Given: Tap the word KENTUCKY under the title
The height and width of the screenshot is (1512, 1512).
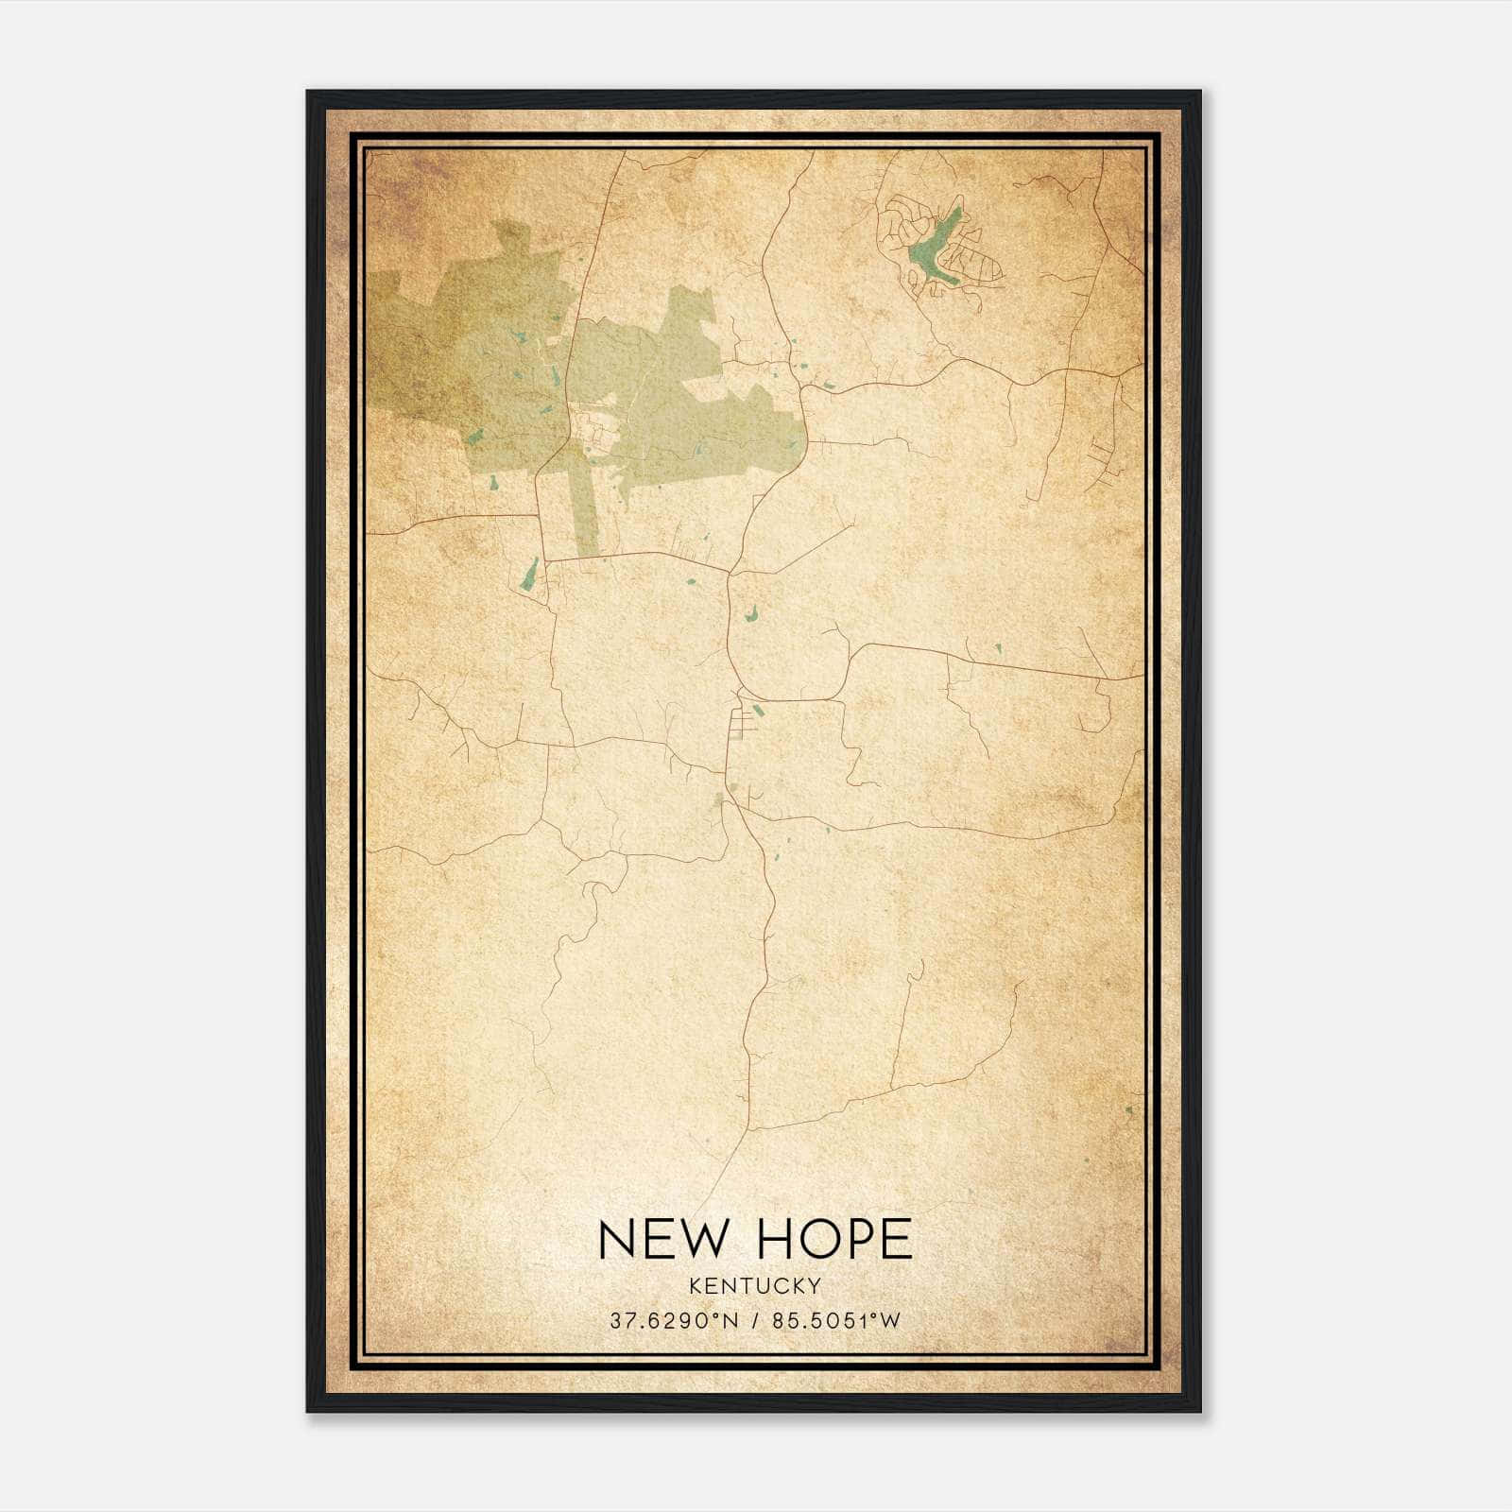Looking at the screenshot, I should [x=755, y=1285].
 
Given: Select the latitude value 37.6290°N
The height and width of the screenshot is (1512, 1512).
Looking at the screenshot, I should [x=673, y=1320].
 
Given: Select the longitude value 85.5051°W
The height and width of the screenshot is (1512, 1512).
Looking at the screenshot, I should [x=836, y=1320].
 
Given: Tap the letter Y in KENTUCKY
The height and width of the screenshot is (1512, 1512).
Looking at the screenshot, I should [x=815, y=1285].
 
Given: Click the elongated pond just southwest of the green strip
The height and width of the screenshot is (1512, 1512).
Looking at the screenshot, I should [x=530, y=574].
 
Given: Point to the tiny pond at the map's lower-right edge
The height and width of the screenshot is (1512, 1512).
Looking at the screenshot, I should [x=1129, y=1109].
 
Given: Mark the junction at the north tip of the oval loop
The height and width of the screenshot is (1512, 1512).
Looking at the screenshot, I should [x=730, y=573].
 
